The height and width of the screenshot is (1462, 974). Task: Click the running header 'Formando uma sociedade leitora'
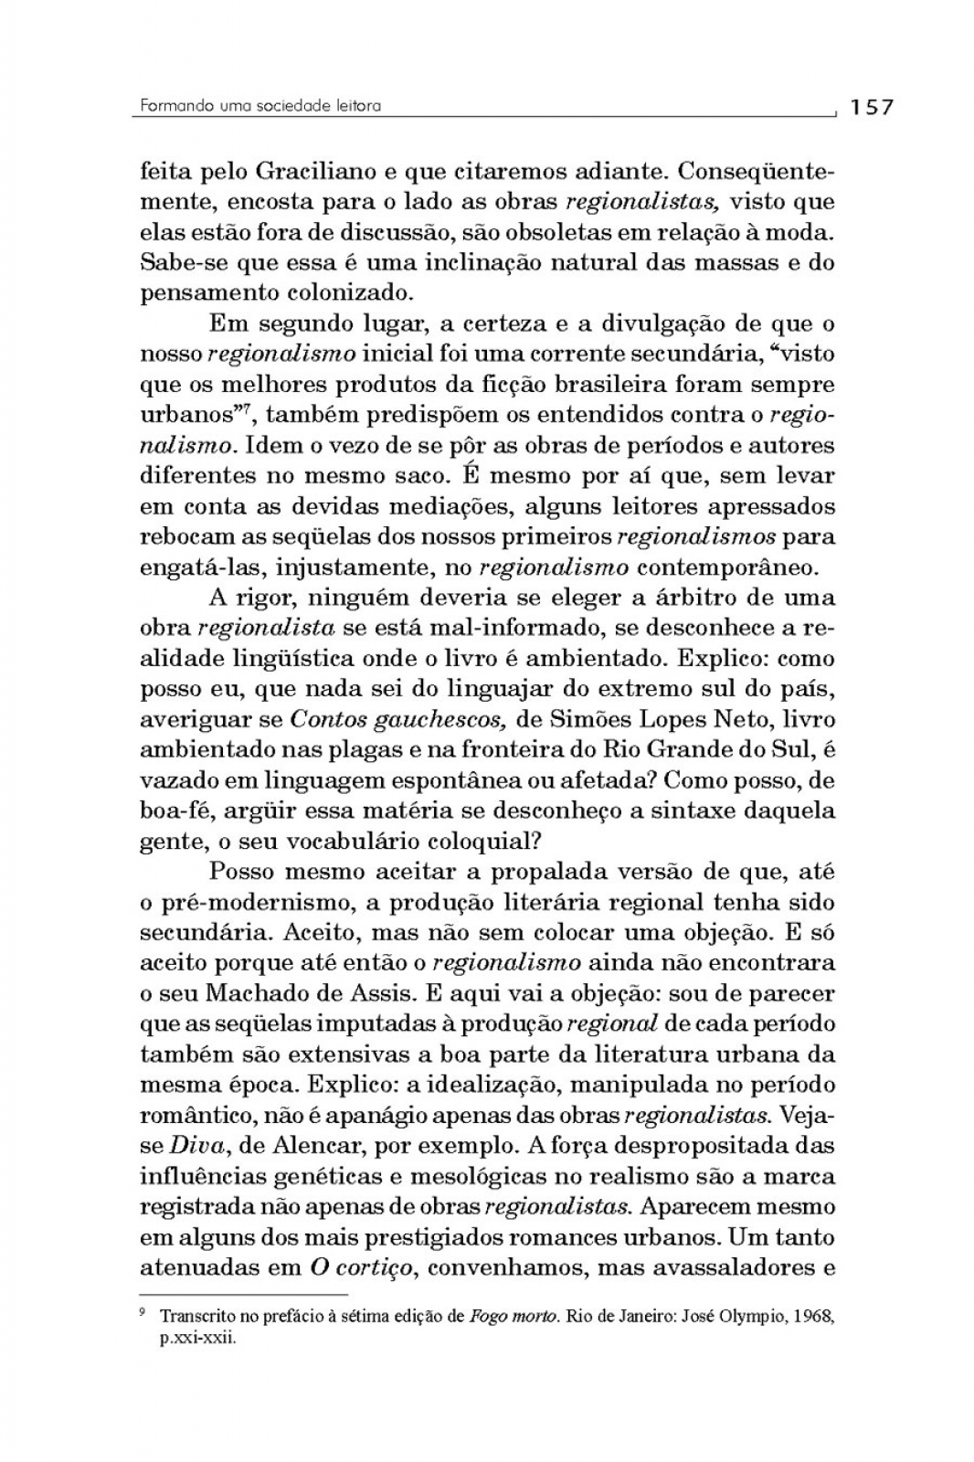[260, 106]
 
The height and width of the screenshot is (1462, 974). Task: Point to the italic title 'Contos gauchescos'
[397, 719]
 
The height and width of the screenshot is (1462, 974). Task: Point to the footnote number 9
[143, 1313]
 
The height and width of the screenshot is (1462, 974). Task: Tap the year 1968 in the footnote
[814, 1318]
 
